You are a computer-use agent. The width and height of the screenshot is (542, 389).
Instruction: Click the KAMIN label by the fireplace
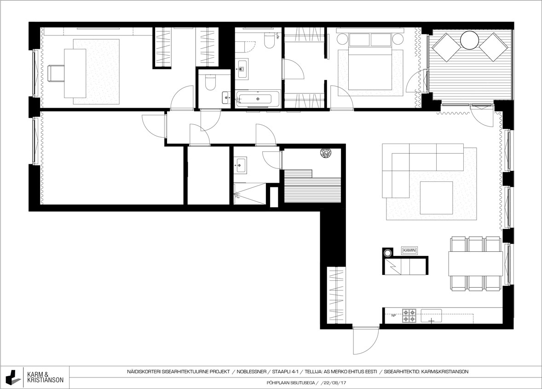409,250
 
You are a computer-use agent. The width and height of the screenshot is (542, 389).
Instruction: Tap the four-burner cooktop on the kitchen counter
409,316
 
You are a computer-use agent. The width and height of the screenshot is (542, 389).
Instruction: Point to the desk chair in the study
55,73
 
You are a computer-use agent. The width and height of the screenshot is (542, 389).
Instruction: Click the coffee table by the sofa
436,197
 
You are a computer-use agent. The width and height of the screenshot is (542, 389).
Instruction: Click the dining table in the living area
476,263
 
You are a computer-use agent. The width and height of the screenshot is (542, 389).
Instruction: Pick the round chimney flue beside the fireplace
388,253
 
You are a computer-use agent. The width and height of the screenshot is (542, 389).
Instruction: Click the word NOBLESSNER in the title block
252,372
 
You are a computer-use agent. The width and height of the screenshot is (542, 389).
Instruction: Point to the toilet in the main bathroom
269,41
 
